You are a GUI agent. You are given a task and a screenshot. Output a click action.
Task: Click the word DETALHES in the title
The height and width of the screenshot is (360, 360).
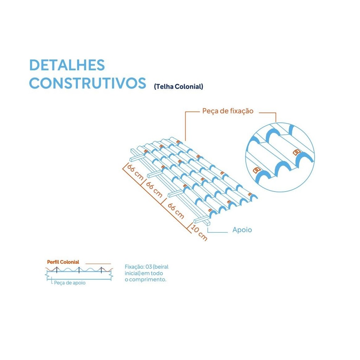coord(67,65)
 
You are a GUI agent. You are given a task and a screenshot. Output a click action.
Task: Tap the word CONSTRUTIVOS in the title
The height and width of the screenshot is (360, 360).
coord(88,83)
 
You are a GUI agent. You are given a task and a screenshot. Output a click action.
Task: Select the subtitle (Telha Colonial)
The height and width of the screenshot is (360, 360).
coord(178,86)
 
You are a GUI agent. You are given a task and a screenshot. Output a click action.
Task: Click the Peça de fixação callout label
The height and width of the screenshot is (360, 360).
coord(228,111)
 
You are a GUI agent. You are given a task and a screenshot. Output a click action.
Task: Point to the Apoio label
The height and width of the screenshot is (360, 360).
coord(242,230)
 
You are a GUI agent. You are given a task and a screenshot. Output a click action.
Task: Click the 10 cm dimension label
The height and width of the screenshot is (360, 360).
coord(199,232)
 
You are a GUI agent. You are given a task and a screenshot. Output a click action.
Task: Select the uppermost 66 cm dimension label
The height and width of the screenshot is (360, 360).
coord(135,172)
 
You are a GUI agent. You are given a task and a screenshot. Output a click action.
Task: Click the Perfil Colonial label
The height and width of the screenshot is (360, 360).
coord(63,262)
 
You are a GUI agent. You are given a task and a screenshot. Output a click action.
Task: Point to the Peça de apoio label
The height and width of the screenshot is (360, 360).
coord(70,283)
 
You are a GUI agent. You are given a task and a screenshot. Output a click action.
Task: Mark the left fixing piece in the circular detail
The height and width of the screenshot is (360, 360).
coord(257,170)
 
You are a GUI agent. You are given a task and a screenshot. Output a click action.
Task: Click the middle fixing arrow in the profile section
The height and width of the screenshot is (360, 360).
coord(79,270)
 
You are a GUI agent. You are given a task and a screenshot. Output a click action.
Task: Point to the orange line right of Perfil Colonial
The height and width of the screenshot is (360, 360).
coord(98,263)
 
